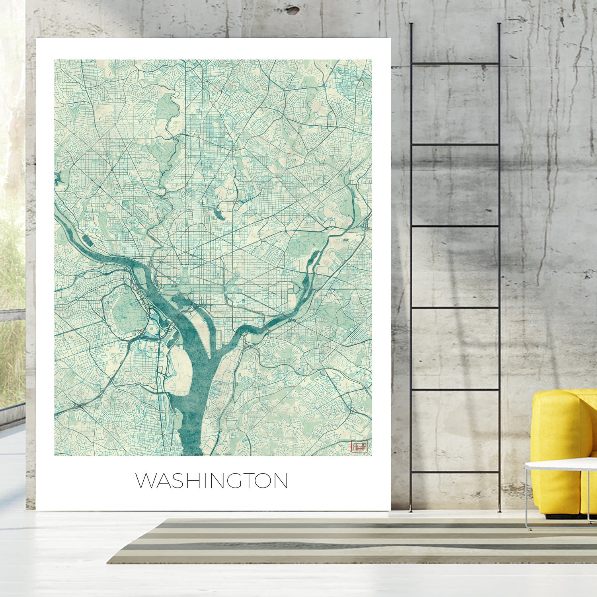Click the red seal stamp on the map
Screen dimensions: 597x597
coord(359,446)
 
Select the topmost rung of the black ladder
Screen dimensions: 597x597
coord(455,63)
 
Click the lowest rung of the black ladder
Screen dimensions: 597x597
coord(455,472)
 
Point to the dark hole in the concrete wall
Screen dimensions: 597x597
coord(293,10)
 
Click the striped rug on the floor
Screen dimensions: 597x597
coord(350,541)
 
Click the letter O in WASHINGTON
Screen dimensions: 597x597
coord(264,481)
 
